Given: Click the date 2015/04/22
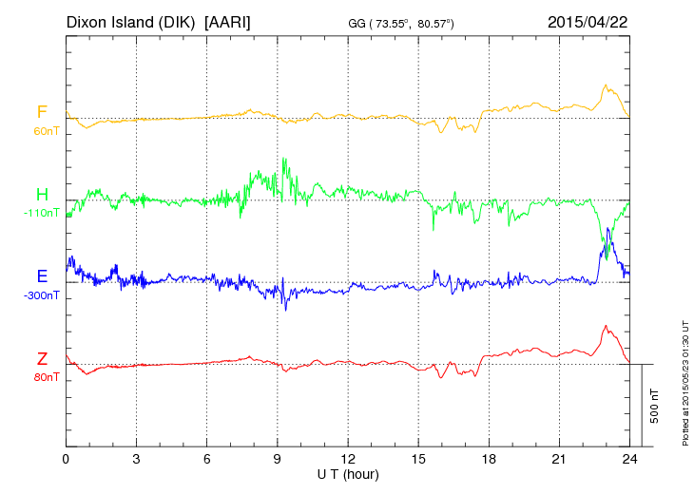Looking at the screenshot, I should click(x=589, y=20).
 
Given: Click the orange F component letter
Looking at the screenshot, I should click(x=42, y=113).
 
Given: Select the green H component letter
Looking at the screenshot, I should click(x=42, y=195).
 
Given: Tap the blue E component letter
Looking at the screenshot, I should click(x=42, y=276).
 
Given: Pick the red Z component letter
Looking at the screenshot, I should click(x=42, y=358).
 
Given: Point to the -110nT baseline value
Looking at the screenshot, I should click(x=42, y=213).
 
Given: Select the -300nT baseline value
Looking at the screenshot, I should click(x=42, y=294).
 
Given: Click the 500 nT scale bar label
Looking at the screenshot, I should click(x=655, y=406).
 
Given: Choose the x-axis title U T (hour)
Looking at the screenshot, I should click(x=348, y=472).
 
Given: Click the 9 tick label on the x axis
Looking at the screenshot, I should click(x=278, y=458).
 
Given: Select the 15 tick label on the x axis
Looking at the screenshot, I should click(x=418, y=458).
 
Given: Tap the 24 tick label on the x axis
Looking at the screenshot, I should click(x=629, y=458).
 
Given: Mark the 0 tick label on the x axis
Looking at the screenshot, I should click(x=67, y=458).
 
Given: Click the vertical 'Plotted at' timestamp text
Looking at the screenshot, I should click(x=685, y=380).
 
